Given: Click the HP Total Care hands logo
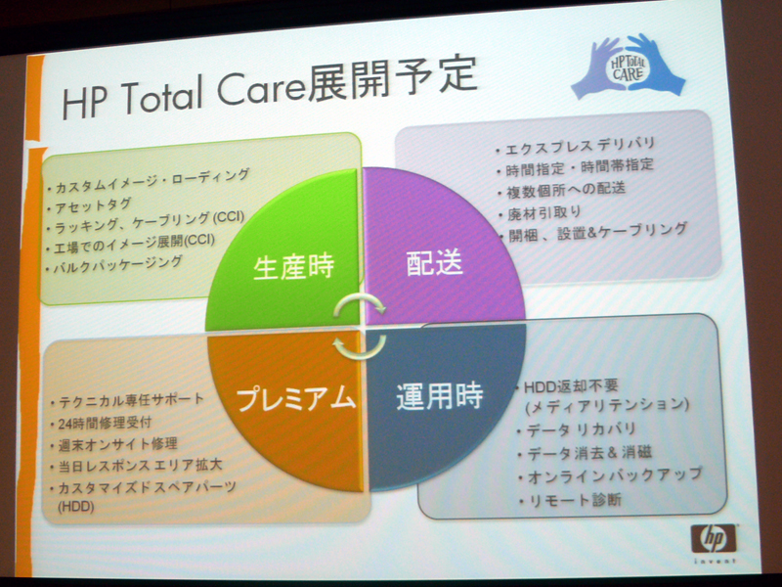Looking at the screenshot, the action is click(x=628, y=67).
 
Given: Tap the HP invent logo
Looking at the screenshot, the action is click(x=715, y=543).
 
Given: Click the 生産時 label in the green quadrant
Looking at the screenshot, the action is click(x=294, y=267).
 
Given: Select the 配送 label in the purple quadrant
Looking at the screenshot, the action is click(x=435, y=262).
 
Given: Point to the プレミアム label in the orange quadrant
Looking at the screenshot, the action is click(x=295, y=399).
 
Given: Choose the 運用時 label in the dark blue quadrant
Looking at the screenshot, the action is click(x=439, y=396).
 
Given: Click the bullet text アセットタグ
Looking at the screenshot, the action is click(x=93, y=205).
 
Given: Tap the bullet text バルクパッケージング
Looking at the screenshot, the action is click(x=117, y=264).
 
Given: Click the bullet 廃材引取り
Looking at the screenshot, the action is click(x=544, y=213).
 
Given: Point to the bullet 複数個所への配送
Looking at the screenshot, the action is click(x=566, y=190).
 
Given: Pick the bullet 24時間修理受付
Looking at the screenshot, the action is click(x=105, y=424).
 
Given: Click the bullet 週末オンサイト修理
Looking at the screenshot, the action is click(x=117, y=444).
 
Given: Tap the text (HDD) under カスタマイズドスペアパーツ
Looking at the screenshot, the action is click(x=76, y=507).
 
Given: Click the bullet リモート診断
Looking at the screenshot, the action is click(x=575, y=500).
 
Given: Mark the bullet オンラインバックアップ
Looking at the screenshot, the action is click(x=615, y=475).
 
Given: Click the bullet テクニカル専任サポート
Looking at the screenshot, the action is click(x=132, y=401).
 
